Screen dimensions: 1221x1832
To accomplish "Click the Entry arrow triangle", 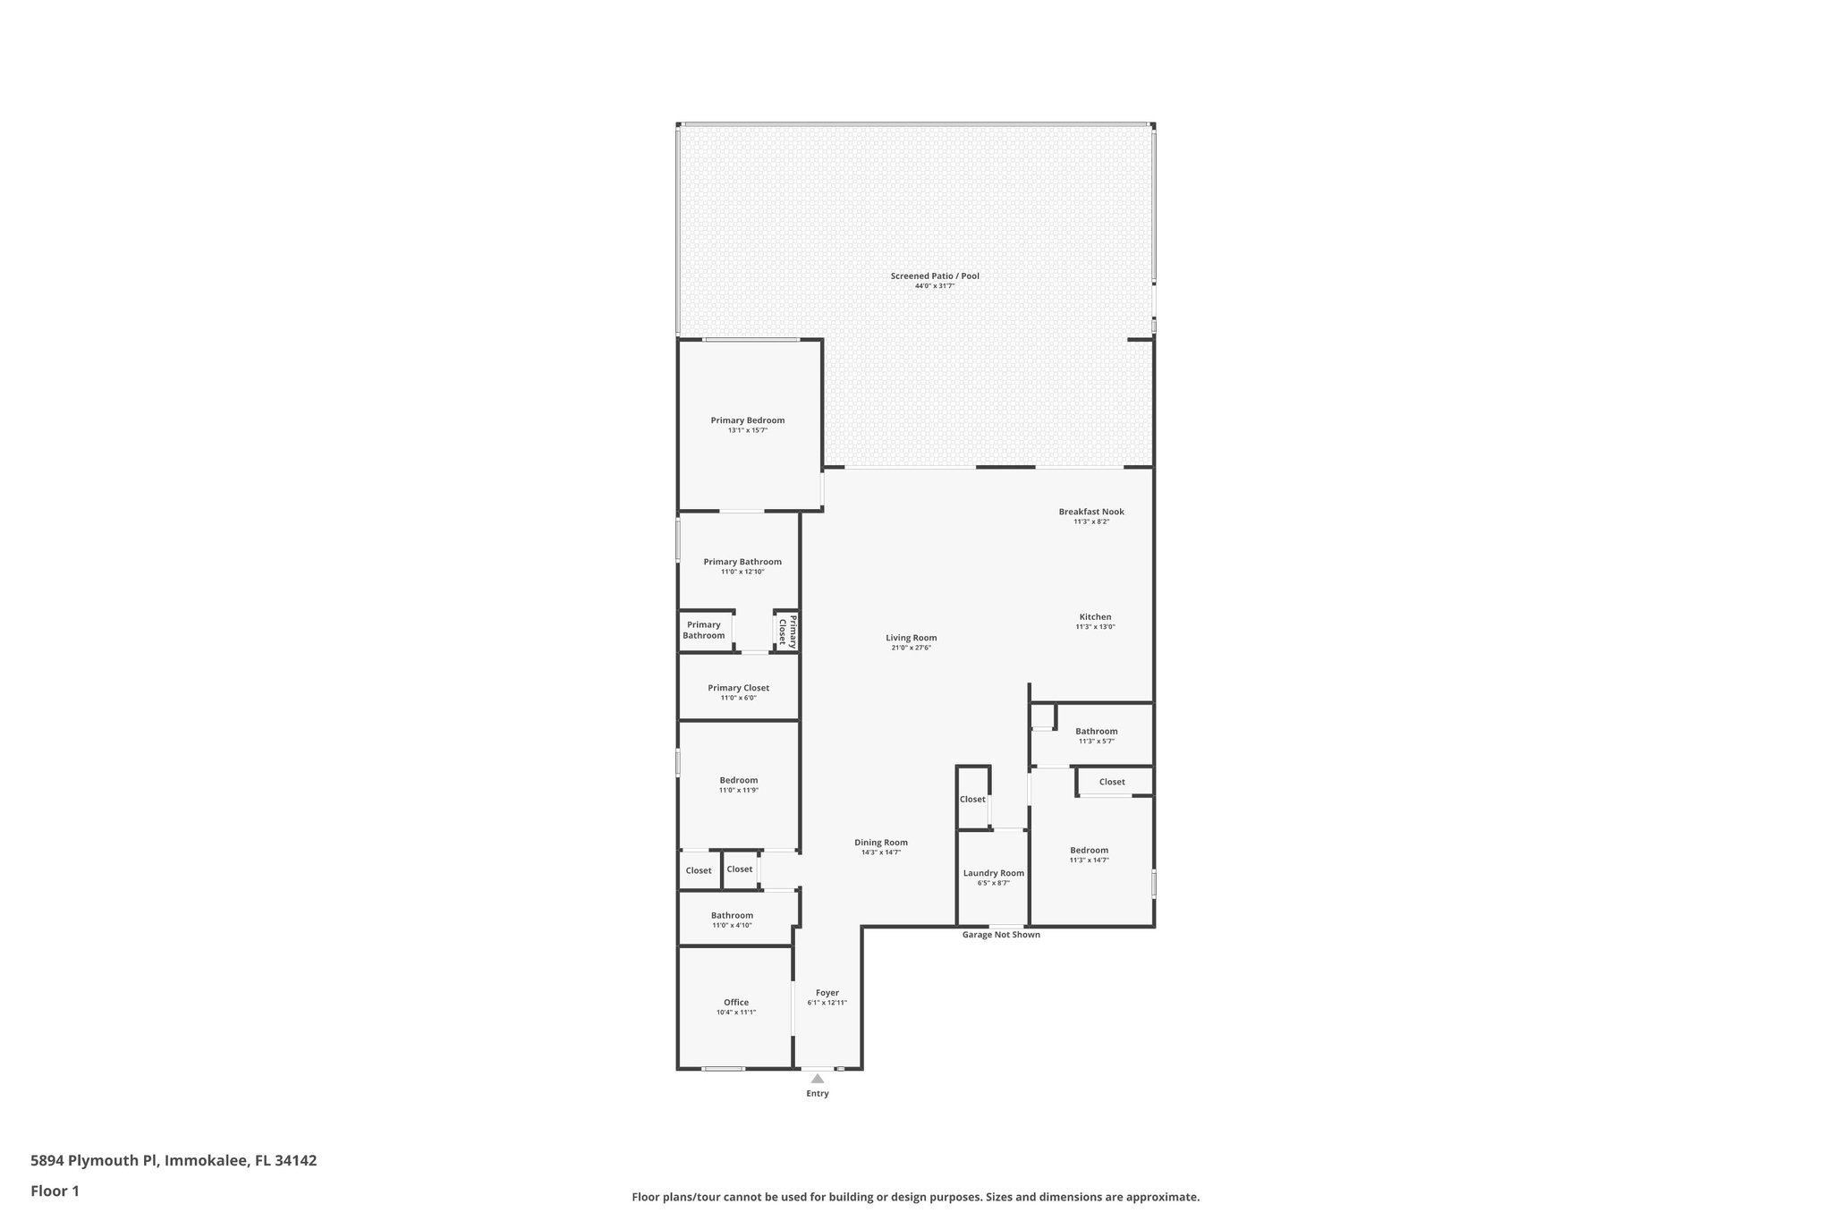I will (817, 1079).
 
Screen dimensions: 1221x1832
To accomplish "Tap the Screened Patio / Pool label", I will (935, 276).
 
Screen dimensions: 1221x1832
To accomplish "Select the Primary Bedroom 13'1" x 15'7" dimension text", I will (747, 430).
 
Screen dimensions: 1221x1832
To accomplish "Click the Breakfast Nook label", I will (1091, 512).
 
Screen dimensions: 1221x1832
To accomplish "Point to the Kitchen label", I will (1095, 616).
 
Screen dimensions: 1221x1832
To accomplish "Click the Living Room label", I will (912, 638).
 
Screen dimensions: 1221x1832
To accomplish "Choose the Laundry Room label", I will (993, 873).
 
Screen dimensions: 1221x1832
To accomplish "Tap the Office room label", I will (736, 1002).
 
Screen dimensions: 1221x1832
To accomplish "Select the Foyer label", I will (827, 992).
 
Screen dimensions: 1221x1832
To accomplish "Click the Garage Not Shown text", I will (1001, 935).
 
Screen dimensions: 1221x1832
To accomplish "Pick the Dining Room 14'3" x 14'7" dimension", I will (881, 852).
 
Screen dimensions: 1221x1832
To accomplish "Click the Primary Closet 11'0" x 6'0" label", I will (738, 688).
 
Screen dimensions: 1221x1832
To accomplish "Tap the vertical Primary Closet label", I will (787, 632).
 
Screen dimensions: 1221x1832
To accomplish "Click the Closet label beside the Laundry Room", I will (972, 799).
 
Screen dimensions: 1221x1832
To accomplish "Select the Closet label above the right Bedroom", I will (1112, 782).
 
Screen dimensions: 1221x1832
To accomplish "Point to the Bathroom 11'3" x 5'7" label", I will (1096, 731).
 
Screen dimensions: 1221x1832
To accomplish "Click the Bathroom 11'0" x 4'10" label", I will (732, 915).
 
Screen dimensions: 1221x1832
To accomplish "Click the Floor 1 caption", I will (55, 1191).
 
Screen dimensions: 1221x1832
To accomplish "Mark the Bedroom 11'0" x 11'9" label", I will (738, 780).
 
